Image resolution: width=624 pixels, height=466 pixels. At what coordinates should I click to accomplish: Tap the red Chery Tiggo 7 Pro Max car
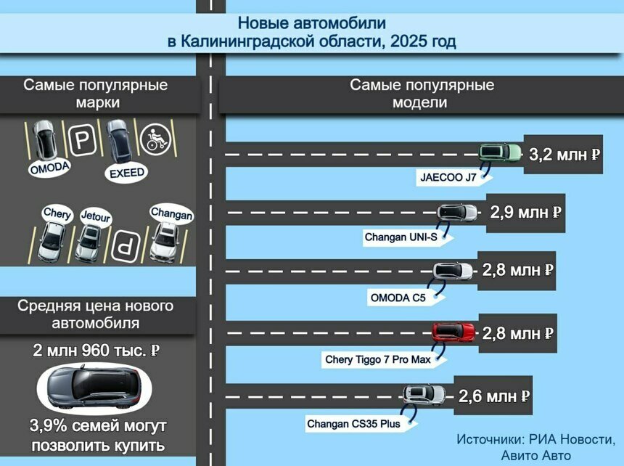coord(453,332)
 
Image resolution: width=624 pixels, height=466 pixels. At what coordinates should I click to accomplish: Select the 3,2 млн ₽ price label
coord(564,155)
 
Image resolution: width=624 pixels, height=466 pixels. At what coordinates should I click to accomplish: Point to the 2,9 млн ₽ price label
coord(526,213)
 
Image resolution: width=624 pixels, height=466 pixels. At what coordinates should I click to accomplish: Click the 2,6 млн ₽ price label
coord(494,396)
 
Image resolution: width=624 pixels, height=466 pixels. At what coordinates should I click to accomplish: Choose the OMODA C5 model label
coord(398,296)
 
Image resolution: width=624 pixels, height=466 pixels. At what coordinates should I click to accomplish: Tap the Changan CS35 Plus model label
coord(353,423)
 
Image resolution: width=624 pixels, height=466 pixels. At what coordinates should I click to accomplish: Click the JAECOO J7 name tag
coord(448,176)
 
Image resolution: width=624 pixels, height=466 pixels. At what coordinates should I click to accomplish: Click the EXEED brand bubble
coord(126,173)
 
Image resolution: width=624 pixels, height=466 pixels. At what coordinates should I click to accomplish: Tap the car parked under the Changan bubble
coord(165,242)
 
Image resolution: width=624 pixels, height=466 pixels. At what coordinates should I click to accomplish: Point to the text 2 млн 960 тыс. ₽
coord(96,351)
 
